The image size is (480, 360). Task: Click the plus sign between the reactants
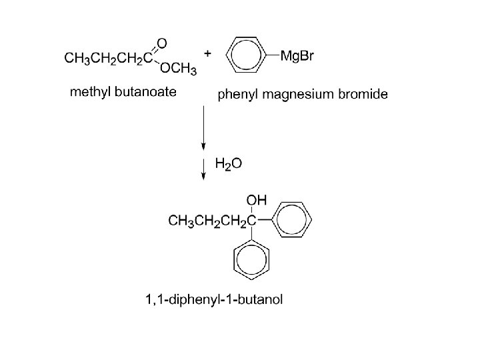pyautogui.click(x=208, y=53)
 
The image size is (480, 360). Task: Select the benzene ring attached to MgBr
pyautogui.click(x=247, y=56)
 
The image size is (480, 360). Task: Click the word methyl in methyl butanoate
pyautogui.click(x=91, y=92)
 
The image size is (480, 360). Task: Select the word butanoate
pyautogui.click(x=146, y=92)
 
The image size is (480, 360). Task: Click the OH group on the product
pyautogui.click(x=256, y=199)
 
